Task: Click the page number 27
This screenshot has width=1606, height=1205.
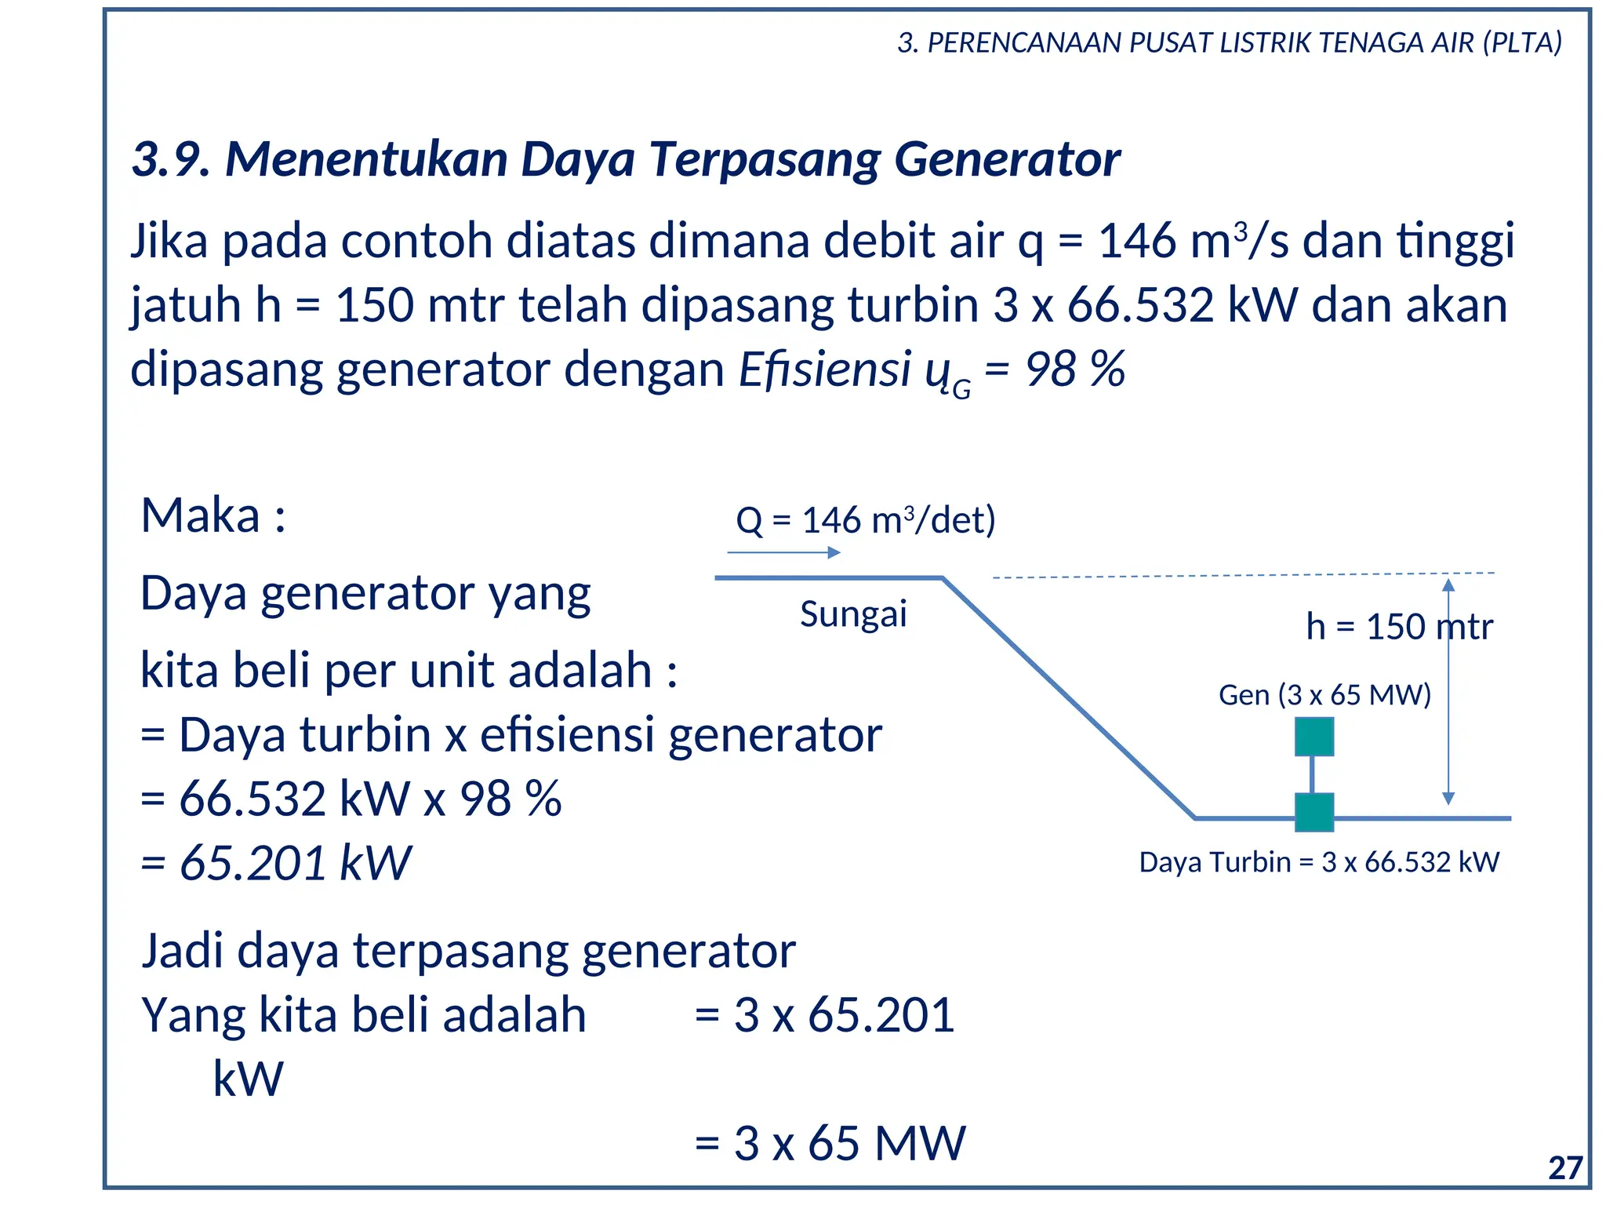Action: [1565, 1168]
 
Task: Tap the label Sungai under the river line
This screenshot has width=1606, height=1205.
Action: [853, 613]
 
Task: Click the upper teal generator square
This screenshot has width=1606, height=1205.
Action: [1314, 737]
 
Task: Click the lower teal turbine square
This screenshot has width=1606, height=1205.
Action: [1314, 812]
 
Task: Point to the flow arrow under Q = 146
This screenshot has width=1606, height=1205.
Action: [783, 553]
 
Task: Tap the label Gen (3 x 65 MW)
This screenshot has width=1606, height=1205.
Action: [1324, 695]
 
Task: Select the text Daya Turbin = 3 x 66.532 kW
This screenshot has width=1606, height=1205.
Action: [1319, 862]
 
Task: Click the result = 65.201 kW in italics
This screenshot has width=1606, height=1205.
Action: [276, 863]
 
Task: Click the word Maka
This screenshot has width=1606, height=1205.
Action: [201, 516]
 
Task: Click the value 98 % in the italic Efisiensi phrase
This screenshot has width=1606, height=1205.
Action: [1075, 370]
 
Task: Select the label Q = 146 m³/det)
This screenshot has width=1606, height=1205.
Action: [865, 520]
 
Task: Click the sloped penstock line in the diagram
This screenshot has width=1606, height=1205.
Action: [1068, 698]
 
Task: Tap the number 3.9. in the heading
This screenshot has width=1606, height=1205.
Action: [170, 159]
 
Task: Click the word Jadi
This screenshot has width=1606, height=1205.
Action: [185, 951]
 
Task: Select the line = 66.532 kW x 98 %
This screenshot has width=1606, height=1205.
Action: [351, 799]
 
